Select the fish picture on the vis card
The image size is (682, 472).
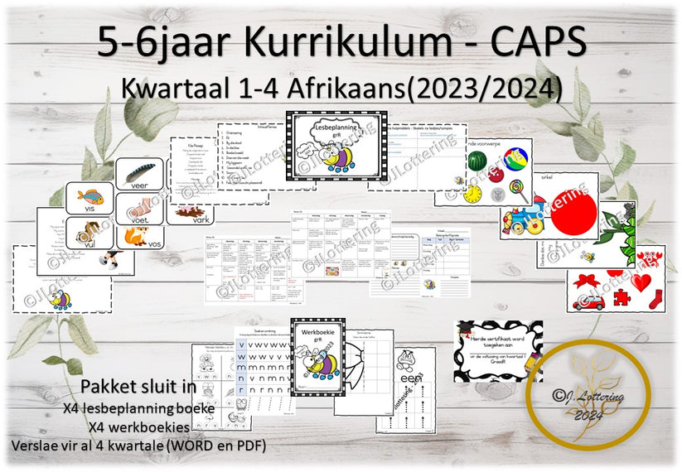[89, 197]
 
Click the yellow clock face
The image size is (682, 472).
[473, 194]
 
